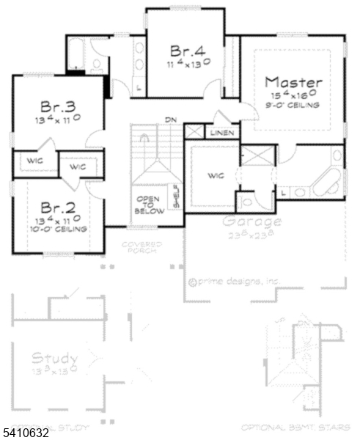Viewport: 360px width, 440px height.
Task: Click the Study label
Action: pos(54,359)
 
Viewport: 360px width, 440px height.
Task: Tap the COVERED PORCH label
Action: pos(142,246)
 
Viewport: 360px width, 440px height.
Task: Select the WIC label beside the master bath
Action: pos(216,175)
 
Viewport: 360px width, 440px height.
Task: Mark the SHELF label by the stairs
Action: pos(176,197)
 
